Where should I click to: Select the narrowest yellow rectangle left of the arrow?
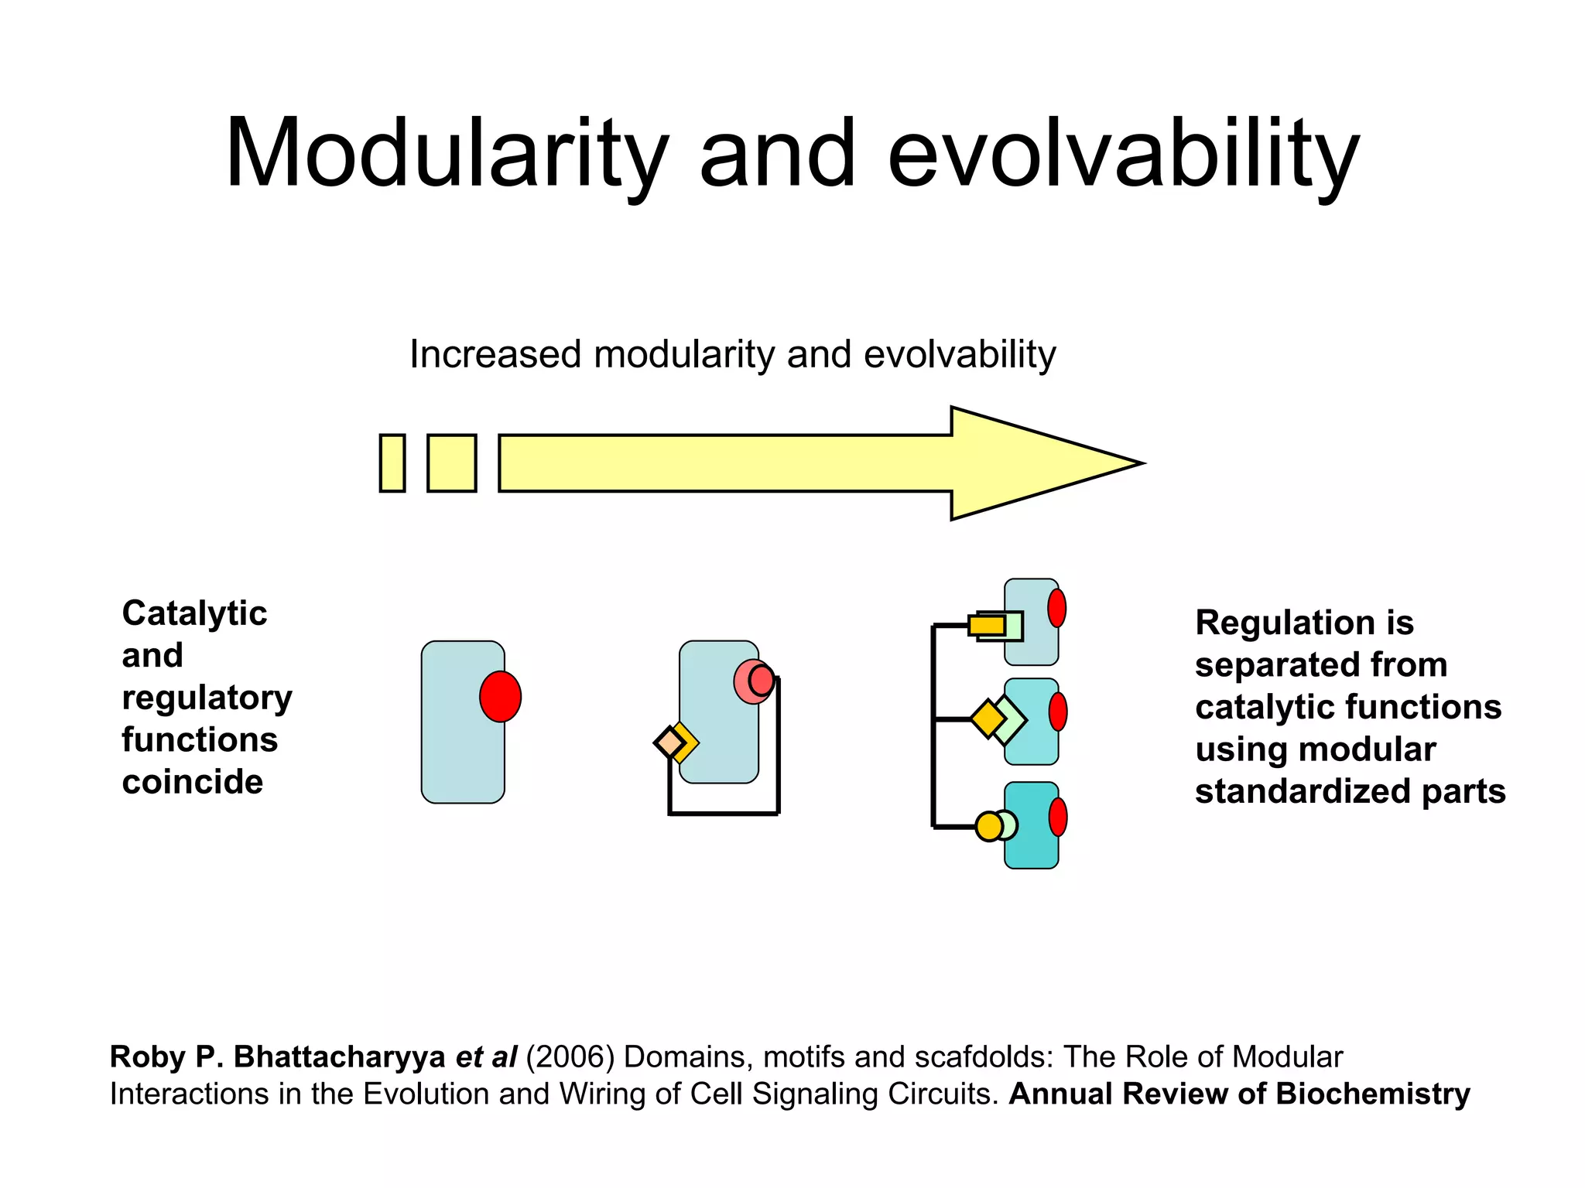click(x=392, y=463)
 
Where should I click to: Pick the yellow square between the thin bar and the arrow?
click(x=452, y=463)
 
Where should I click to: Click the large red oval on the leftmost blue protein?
click(x=500, y=697)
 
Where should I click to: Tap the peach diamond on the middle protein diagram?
click(x=669, y=743)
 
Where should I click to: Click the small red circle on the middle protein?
click(x=762, y=681)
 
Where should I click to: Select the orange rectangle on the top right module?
click(x=986, y=625)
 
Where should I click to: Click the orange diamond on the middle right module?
click(x=988, y=719)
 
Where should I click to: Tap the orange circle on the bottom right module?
click(x=988, y=826)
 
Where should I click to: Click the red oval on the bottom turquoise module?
click(x=1057, y=817)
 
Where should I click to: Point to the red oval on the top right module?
click(x=1056, y=608)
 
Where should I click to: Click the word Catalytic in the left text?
click(x=194, y=613)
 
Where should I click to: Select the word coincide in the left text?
click(x=193, y=782)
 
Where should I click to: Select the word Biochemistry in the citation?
click(x=1373, y=1094)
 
